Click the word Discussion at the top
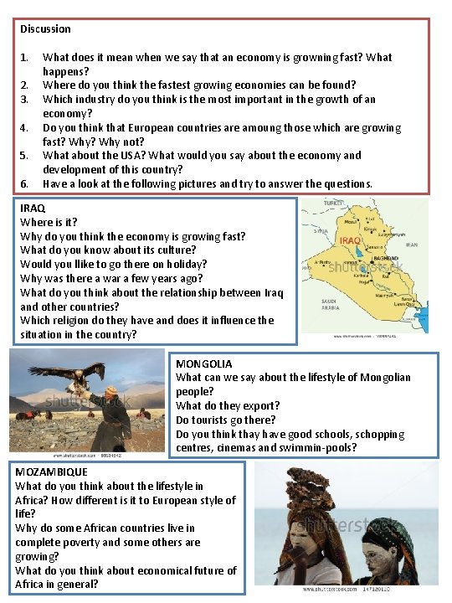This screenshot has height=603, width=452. point(45,28)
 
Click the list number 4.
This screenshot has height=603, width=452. point(24,128)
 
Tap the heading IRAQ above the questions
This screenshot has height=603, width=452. point(33,208)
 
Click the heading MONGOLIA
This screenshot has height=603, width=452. point(203,363)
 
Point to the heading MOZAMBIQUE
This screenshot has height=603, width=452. point(51,472)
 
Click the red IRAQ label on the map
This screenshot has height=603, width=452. point(350,240)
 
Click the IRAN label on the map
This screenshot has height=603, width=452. point(411,245)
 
